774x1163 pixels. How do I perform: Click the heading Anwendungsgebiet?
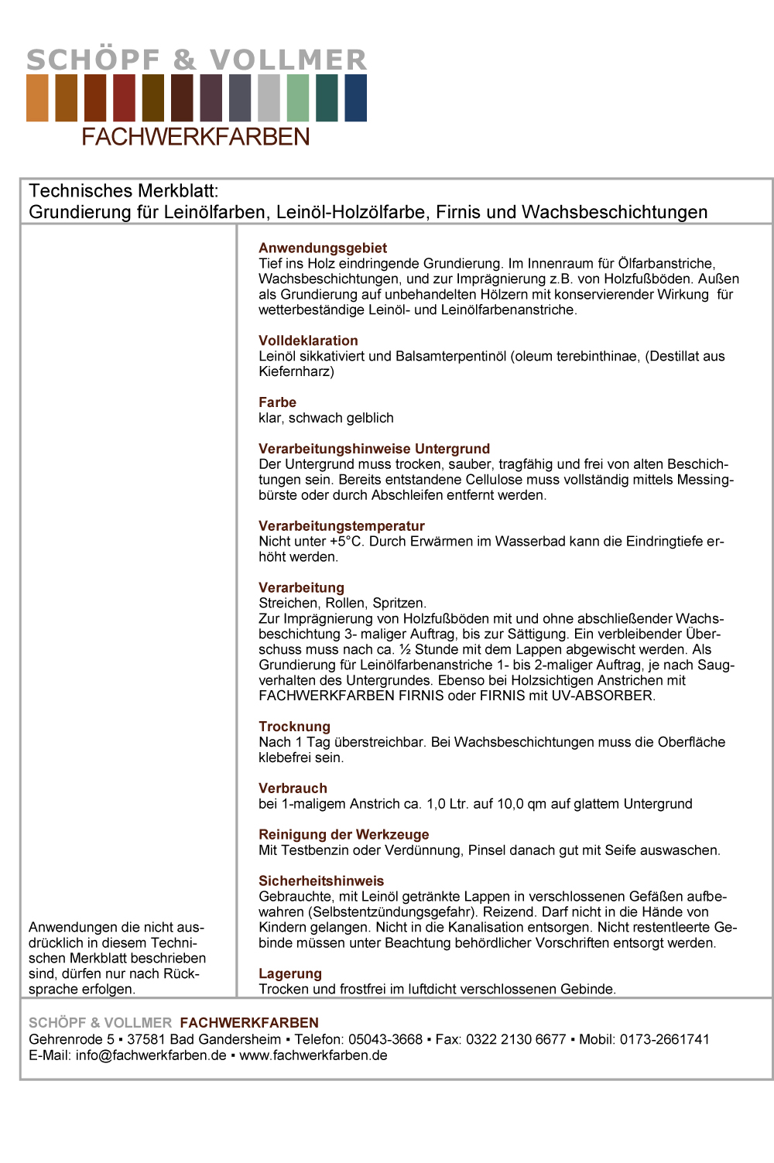pos(322,248)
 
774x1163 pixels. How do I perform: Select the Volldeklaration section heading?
pos(308,340)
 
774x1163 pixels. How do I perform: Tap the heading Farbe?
pos(277,402)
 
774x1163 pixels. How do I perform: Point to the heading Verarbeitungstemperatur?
pos(341,526)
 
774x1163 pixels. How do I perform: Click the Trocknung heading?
pos(294,727)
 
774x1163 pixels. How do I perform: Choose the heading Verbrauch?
pos(293,788)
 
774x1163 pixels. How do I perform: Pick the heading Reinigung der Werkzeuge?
pos(344,835)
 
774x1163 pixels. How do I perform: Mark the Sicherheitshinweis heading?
pos(321,881)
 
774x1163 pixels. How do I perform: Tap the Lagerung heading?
pos(290,974)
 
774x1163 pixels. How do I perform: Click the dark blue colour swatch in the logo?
pos(356,97)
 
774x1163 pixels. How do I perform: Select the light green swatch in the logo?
pos(298,97)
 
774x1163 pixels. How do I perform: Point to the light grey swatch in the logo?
pos(269,97)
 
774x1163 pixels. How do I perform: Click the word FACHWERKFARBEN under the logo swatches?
pos(196,137)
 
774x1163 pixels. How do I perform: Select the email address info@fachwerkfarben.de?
pos(151,1055)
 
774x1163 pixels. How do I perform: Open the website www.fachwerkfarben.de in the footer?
pos(313,1055)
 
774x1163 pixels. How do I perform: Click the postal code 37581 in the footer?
pos(146,1039)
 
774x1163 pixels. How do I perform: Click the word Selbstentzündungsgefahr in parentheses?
pos(393,912)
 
